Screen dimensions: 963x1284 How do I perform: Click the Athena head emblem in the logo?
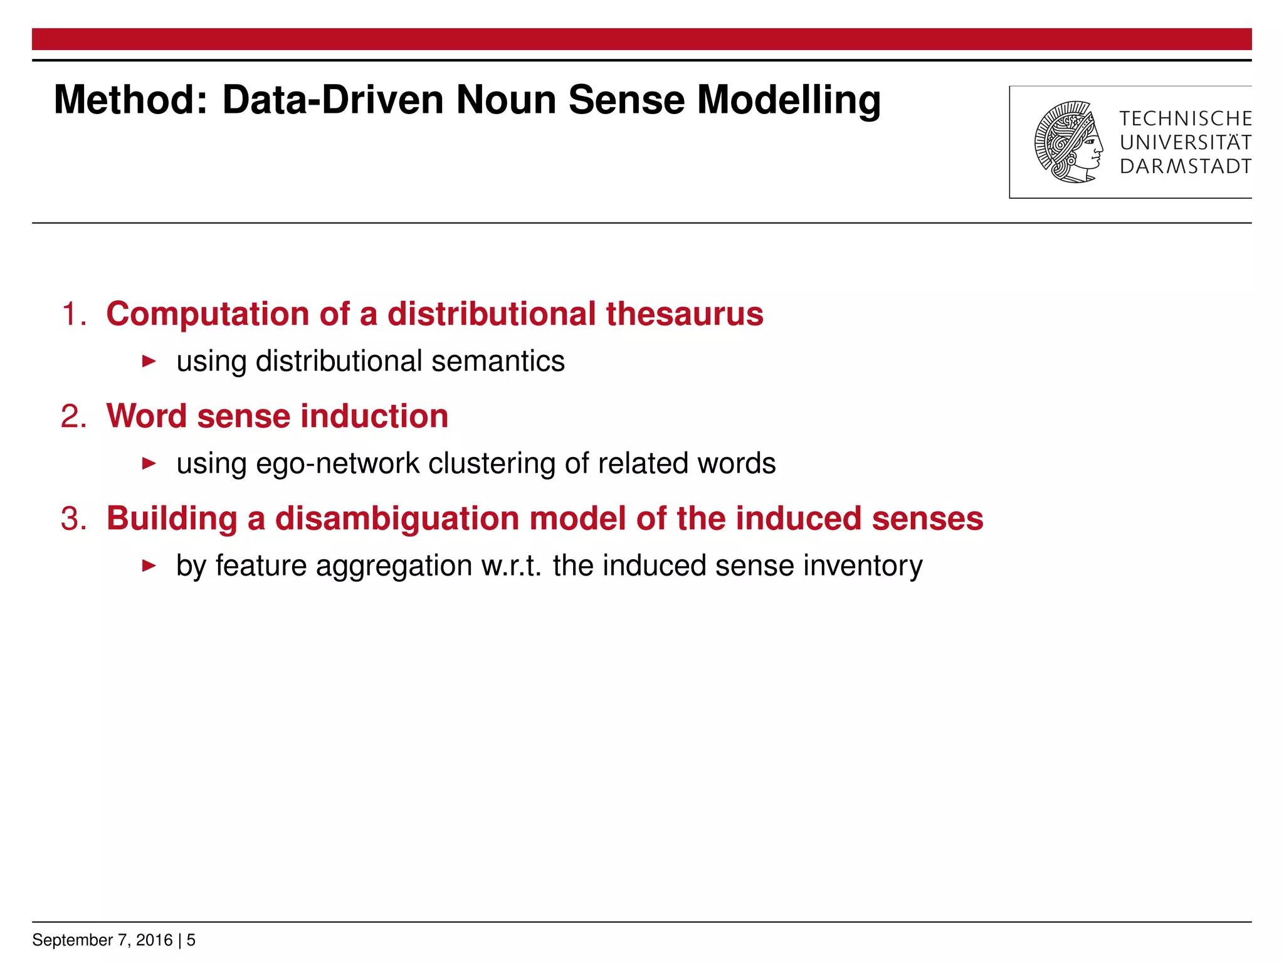pos(1068,142)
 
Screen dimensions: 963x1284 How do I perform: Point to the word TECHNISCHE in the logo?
pos(1185,118)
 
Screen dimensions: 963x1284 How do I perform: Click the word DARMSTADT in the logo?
pos(1185,167)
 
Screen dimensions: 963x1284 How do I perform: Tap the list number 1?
pos(73,314)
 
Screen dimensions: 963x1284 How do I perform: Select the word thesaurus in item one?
pos(684,314)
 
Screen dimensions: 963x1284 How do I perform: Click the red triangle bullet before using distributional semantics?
pos(149,361)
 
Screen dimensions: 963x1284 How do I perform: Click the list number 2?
pos(73,416)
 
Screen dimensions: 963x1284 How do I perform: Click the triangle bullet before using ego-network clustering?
pos(149,463)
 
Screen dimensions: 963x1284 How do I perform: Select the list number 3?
pos(73,519)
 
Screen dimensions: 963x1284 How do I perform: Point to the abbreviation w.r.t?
pos(511,566)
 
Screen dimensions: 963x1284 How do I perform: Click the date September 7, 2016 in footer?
pos(102,940)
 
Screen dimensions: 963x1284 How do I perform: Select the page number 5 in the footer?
pos(191,940)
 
